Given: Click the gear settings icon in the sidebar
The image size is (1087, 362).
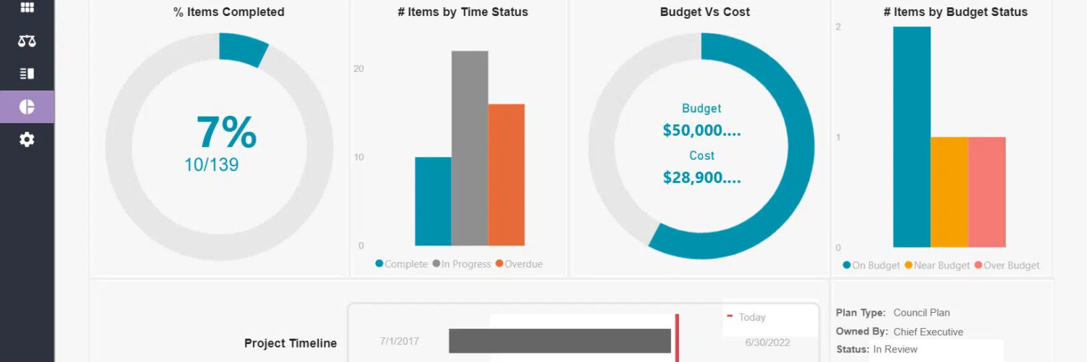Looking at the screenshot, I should click(x=27, y=140).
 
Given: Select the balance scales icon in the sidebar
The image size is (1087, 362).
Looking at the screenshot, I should click(x=27, y=41).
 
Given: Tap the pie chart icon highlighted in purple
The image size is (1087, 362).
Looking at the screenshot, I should click(x=27, y=107).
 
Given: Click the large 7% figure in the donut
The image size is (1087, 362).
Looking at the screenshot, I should click(x=226, y=132).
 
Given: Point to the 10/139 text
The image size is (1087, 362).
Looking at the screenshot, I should click(x=211, y=165).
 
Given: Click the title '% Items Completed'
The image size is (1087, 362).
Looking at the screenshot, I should click(x=228, y=12).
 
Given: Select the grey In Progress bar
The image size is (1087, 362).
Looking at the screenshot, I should click(x=470, y=148).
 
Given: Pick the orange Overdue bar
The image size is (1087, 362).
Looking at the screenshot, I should click(x=506, y=174).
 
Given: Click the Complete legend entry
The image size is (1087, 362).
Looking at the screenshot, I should click(x=401, y=264).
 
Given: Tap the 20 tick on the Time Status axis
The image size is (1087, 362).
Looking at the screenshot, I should click(x=359, y=69).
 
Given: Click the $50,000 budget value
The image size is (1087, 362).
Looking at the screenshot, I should click(x=701, y=131).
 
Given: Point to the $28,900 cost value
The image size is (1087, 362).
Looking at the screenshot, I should click(x=701, y=177).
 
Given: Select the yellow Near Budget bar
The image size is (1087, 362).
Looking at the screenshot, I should click(x=949, y=192).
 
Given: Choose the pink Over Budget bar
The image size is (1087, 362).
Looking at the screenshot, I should click(x=986, y=192).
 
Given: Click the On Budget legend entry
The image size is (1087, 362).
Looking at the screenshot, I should click(x=871, y=266).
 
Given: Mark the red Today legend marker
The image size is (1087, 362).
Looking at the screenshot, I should click(x=730, y=316).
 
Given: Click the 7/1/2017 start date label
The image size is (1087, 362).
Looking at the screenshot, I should click(x=399, y=342).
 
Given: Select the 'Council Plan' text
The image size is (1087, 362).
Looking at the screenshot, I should click(x=921, y=313).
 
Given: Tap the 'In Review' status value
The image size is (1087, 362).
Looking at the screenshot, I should click(x=895, y=349).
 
